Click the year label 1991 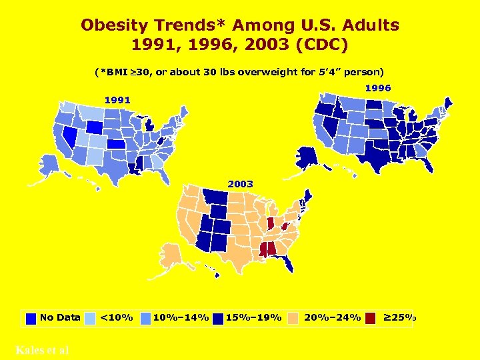pyautogui.click(x=117, y=99)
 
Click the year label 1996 pyautogui.click(x=377, y=87)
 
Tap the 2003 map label pyautogui.click(x=240, y=183)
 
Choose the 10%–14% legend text pyautogui.click(x=181, y=317)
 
